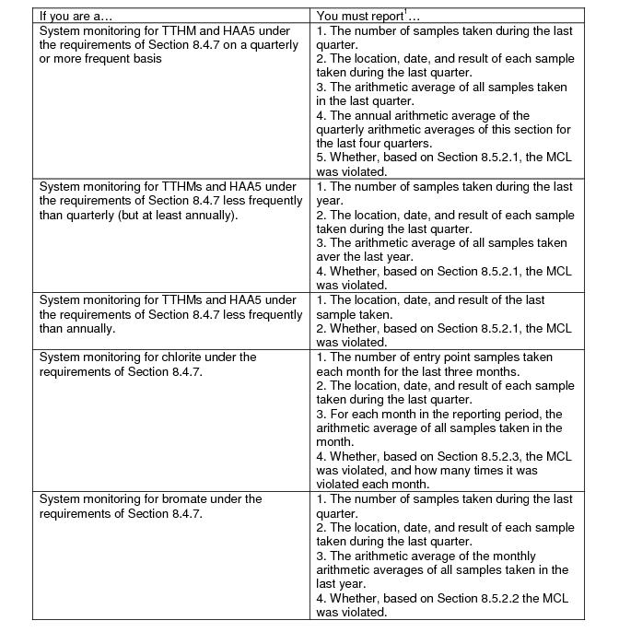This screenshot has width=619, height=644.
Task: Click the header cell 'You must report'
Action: [x=359, y=16]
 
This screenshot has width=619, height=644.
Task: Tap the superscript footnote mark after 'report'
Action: [x=406, y=13]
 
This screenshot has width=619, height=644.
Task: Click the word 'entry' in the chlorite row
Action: [x=453, y=357]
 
